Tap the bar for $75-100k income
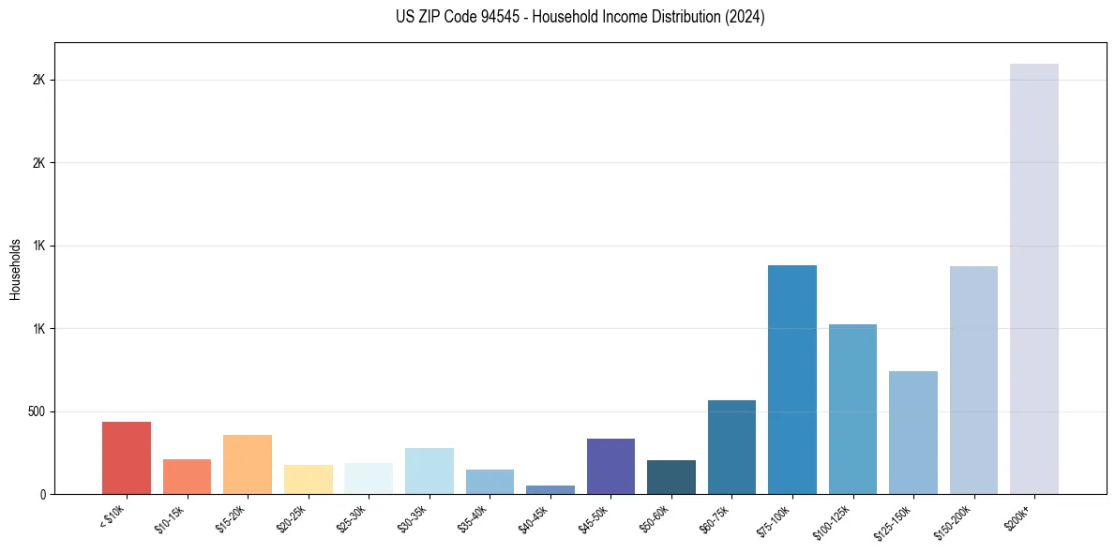coord(792,380)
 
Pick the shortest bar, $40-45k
coord(550,489)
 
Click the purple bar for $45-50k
coord(610,466)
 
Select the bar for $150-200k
coord(973,380)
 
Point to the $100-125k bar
coord(852,409)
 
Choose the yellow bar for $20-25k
coord(309,479)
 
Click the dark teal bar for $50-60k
coord(671,477)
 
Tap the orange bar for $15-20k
coord(248,464)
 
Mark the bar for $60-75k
coord(731,447)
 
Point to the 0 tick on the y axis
coord(42,494)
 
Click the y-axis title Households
coord(15,268)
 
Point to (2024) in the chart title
coord(746,17)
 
